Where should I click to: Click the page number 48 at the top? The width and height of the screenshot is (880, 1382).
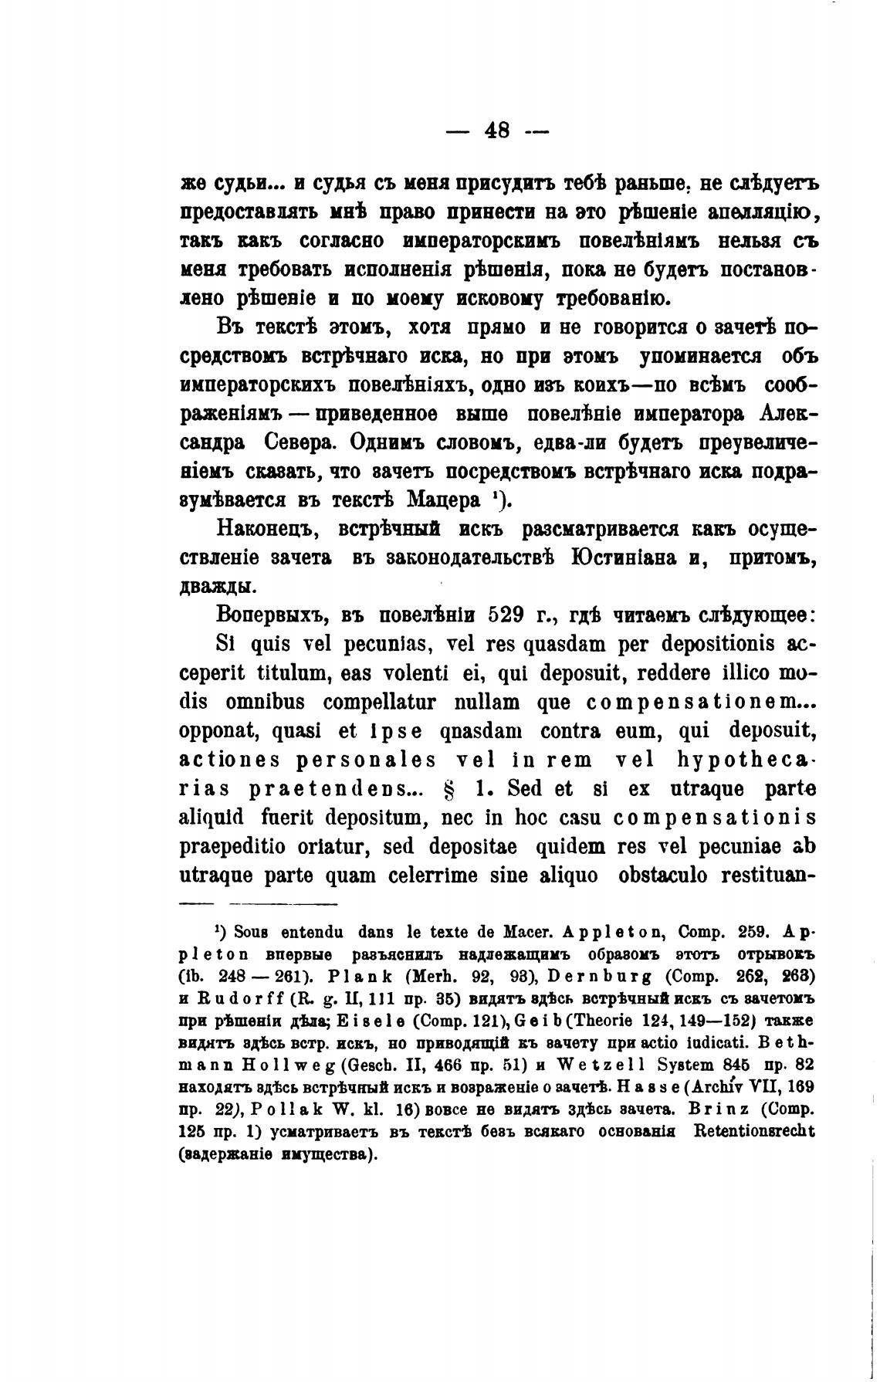click(x=497, y=130)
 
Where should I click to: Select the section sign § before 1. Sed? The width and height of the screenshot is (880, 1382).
click(x=463, y=790)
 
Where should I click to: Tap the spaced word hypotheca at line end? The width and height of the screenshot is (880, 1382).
click(x=745, y=760)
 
